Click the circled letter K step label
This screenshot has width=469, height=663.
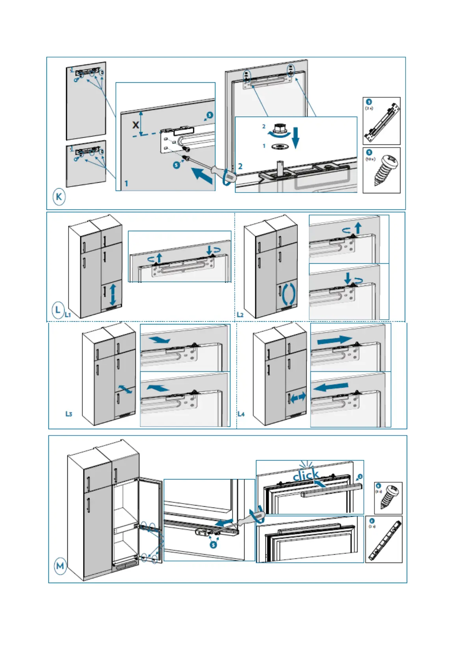pyautogui.click(x=59, y=196)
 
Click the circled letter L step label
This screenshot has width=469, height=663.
pyautogui.click(x=58, y=309)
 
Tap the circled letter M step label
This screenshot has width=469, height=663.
pyautogui.click(x=60, y=566)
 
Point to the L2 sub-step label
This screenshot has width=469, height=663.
pyautogui.click(x=240, y=315)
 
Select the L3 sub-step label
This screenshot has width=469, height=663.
pyautogui.click(x=69, y=414)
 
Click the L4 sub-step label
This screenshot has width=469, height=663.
pyautogui.click(x=241, y=414)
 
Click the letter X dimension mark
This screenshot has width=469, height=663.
pyautogui.click(x=135, y=125)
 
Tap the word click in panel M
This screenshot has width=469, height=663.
pyautogui.click(x=306, y=475)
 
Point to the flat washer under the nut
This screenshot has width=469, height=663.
pyautogui.click(x=279, y=146)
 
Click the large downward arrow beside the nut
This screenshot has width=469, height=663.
pyautogui.click(x=296, y=137)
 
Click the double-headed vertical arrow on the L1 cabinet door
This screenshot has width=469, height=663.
pyautogui.click(x=113, y=293)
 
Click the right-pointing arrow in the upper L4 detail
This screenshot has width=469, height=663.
pyautogui.click(x=334, y=339)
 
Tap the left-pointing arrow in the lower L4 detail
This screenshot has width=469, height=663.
pyautogui.click(x=332, y=387)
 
